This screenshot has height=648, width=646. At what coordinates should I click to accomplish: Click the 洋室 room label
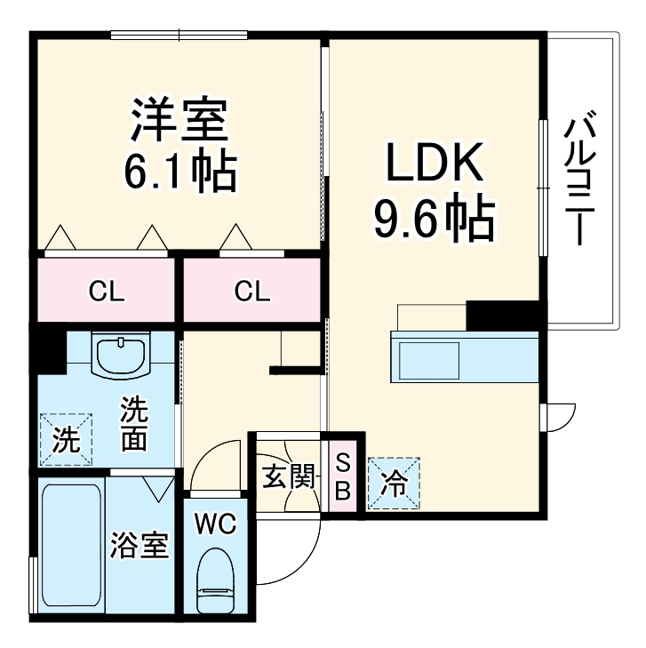click(x=180, y=122)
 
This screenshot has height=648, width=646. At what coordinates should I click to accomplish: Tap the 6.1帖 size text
click(x=179, y=172)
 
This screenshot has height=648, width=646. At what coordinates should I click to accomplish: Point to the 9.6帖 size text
click(x=433, y=218)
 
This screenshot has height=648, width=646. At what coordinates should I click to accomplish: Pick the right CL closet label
click(x=252, y=291)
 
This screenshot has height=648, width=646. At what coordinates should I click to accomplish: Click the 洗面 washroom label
click(x=134, y=424)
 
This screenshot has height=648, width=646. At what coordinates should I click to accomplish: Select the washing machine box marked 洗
click(x=65, y=438)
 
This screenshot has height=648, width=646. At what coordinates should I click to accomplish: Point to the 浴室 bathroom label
click(x=140, y=544)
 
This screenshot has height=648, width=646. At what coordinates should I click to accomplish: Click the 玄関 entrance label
click(x=289, y=477)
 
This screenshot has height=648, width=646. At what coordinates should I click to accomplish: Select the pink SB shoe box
click(x=343, y=476)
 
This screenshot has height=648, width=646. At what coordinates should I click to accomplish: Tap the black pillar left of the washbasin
click(x=48, y=350)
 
